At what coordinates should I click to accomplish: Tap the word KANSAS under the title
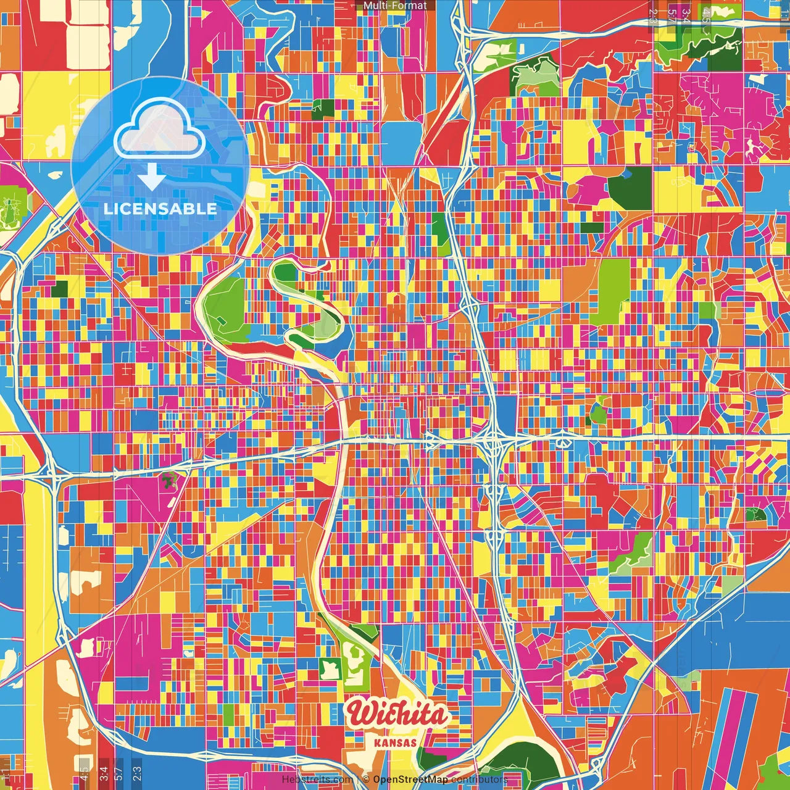click(x=396, y=742)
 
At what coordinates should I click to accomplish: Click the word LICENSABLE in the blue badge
click(x=160, y=209)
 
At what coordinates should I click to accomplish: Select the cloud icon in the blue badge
click(x=159, y=129)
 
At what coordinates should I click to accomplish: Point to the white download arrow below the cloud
click(x=151, y=178)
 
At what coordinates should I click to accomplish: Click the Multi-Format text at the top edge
click(x=395, y=6)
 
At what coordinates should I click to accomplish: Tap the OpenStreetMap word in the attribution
click(x=410, y=780)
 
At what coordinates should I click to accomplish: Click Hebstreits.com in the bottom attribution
click(x=317, y=780)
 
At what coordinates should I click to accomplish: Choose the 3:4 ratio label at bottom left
click(x=103, y=773)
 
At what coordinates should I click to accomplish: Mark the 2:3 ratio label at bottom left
click(x=137, y=773)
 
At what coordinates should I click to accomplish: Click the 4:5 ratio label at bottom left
click(x=83, y=773)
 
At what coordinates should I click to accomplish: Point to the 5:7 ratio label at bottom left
click(x=118, y=773)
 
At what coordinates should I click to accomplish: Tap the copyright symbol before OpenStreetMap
click(x=366, y=780)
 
